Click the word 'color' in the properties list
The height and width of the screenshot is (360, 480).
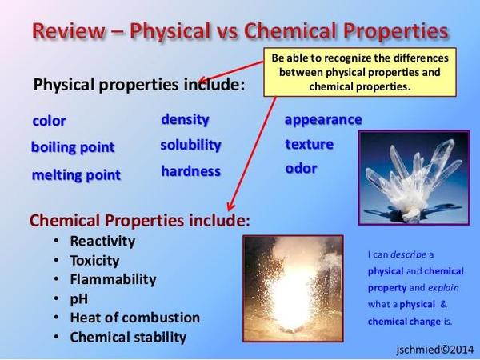tap(49, 121)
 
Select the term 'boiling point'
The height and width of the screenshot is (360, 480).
tap(73, 147)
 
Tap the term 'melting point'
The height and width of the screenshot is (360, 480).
tap(76, 174)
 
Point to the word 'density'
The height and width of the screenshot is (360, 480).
tap(185, 119)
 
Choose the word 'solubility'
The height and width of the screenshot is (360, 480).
tap(190, 145)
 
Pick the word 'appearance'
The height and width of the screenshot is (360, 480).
tap(323, 120)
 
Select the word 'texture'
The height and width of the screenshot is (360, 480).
tap(310, 145)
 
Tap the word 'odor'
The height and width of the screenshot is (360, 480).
tap(301, 169)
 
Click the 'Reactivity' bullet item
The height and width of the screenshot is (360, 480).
tap(102, 241)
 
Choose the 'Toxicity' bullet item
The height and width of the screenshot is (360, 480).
tap(94, 260)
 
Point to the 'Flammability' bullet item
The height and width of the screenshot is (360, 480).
tap(113, 279)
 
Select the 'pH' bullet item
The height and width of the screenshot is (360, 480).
tap(78, 298)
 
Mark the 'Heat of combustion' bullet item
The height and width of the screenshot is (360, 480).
tap(134, 318)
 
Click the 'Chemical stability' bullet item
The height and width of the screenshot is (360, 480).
tap(128, 337)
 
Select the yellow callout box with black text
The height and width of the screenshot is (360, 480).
tap(360, 72)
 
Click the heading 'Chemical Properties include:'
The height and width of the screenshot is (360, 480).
tap(139, 219)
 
